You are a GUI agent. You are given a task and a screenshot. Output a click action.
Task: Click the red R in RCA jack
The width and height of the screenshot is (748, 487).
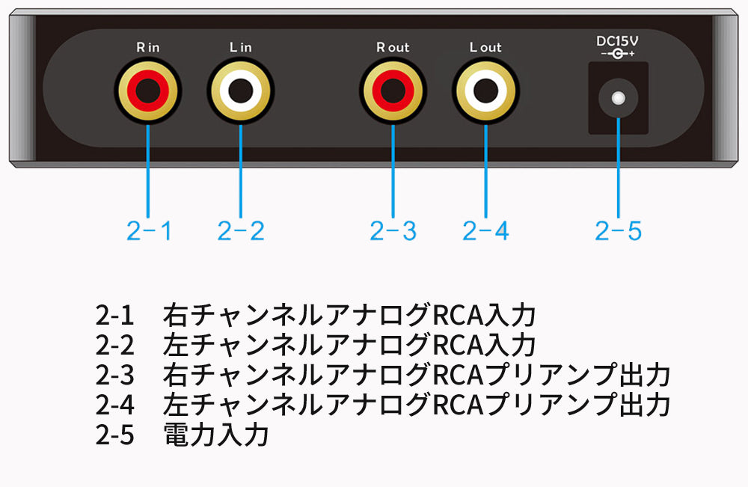(147, 92)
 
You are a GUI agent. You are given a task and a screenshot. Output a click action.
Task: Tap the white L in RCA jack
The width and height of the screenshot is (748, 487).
(240, 92)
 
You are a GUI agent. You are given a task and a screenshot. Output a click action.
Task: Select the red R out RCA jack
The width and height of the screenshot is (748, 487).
(393, 92)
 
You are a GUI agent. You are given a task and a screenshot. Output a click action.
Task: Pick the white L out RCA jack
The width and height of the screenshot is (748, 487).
(485, 92)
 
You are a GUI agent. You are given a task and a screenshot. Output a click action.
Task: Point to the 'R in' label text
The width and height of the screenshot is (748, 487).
(147, 47)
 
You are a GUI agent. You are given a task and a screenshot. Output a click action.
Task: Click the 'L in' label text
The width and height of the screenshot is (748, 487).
(240, 47)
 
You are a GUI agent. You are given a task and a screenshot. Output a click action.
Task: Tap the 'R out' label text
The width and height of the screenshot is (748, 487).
(393, 47)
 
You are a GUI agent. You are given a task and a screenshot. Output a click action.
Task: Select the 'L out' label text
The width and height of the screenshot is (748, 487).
(485, 47)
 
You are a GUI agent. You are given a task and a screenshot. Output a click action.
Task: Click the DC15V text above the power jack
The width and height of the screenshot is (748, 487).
(618, 41)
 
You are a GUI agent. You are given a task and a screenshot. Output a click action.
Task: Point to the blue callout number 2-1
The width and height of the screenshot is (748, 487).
(149, 231)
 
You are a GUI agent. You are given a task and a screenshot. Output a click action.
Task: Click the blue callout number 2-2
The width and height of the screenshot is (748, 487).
(241, 231)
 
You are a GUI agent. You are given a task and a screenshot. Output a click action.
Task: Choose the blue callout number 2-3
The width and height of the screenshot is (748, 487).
(393, 231)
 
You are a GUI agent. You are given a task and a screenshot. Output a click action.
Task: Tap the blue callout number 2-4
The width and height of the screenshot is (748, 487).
(485, 231)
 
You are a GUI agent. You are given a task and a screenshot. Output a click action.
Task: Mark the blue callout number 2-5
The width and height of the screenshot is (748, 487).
(619, 231)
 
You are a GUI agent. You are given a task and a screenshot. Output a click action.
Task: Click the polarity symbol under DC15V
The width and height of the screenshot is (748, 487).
(618, 55)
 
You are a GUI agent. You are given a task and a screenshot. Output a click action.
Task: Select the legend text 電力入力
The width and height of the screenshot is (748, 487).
(215, 434)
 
